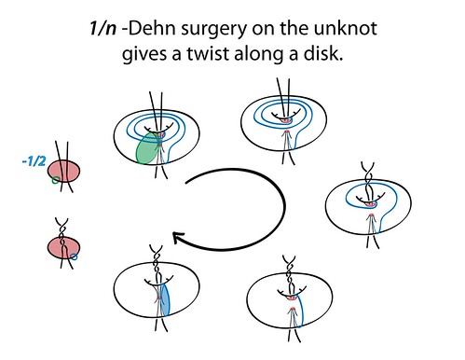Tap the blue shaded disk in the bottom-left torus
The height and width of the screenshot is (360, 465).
pos(164,300)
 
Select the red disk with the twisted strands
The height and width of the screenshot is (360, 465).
pos(62,248)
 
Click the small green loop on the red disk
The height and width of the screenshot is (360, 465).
pos(56,179)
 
